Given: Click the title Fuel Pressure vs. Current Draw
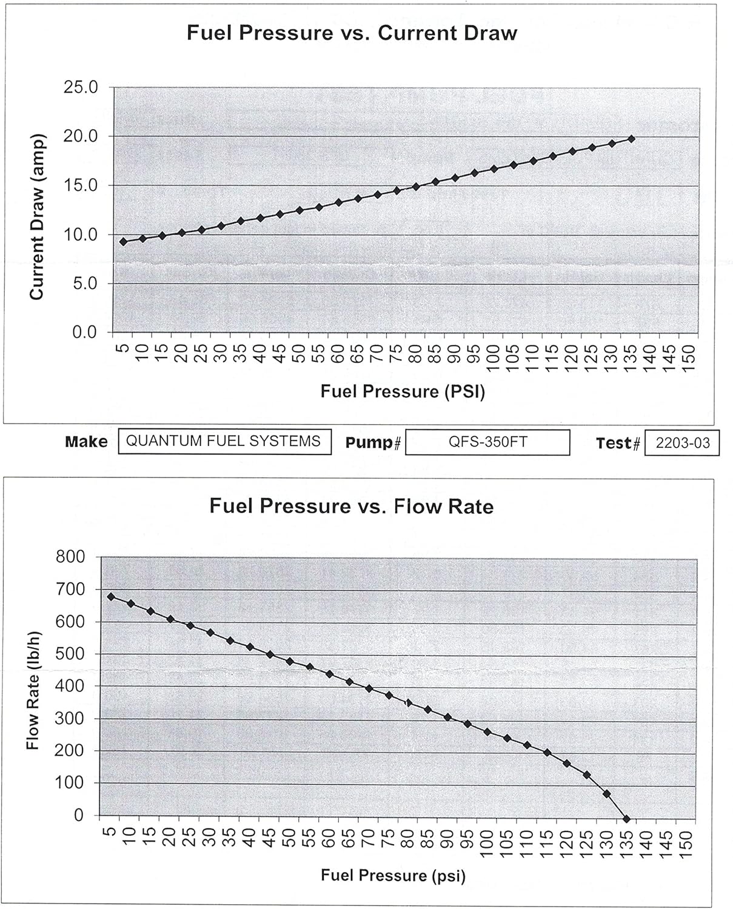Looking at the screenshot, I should point(352,33).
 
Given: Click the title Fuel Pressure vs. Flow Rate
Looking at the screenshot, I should point(352,506).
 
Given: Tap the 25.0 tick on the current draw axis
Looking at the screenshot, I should point(81,87).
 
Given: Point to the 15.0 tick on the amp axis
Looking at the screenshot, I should point(81,185).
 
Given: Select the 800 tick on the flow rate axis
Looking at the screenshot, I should point(70,557).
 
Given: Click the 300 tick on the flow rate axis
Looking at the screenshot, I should point(70,718).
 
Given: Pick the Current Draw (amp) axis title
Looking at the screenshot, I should point(38,216).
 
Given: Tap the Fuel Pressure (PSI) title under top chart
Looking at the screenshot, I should point(403,391).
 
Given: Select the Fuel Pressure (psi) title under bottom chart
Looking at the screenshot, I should point(393,875).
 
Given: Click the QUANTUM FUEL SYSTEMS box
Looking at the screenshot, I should point(224,441).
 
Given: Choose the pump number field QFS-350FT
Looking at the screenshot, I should point(487,442).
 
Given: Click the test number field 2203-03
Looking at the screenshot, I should point(682,443).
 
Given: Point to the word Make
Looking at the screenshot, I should point(86,442).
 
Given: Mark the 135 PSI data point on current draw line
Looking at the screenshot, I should point(632,139).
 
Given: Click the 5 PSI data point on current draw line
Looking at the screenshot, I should point(124,241).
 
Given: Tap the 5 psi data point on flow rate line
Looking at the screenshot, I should point(111,596).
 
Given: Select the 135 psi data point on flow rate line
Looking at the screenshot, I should point(627,819).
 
